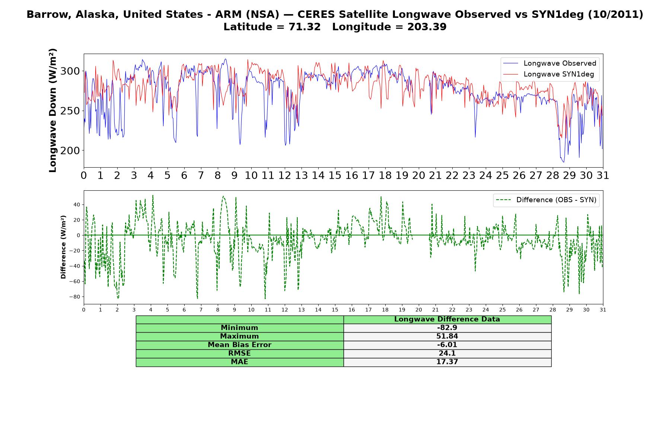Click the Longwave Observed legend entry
[x=549, y=63]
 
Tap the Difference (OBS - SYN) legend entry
[x=546, y=200]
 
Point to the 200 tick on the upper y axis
[x=70, y=150]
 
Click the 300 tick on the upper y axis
[x=70, y=71]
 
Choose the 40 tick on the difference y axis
[x=77, y=205]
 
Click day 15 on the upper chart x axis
[x=335, y=175]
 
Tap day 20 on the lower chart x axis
[x=419, y=310]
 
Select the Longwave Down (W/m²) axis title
[x=53, y=110]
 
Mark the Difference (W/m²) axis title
[x=64, y=247]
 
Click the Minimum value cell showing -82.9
[x=447, y=328]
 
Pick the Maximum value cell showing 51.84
[x=447, y=336]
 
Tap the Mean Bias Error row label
[x=239, y=345]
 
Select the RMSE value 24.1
[x=447, y=354]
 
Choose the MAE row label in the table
[x=239, y=362]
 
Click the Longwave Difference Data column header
[x=447, y=319]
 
